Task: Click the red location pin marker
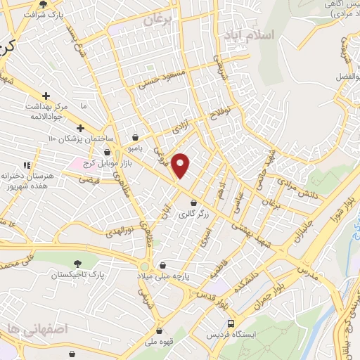pos(181,165)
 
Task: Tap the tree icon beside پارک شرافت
pos(44,5)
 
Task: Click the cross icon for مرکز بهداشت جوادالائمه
pos(46,95)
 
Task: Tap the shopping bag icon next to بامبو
pos(135,137)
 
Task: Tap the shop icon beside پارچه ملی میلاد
pos(163,266)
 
